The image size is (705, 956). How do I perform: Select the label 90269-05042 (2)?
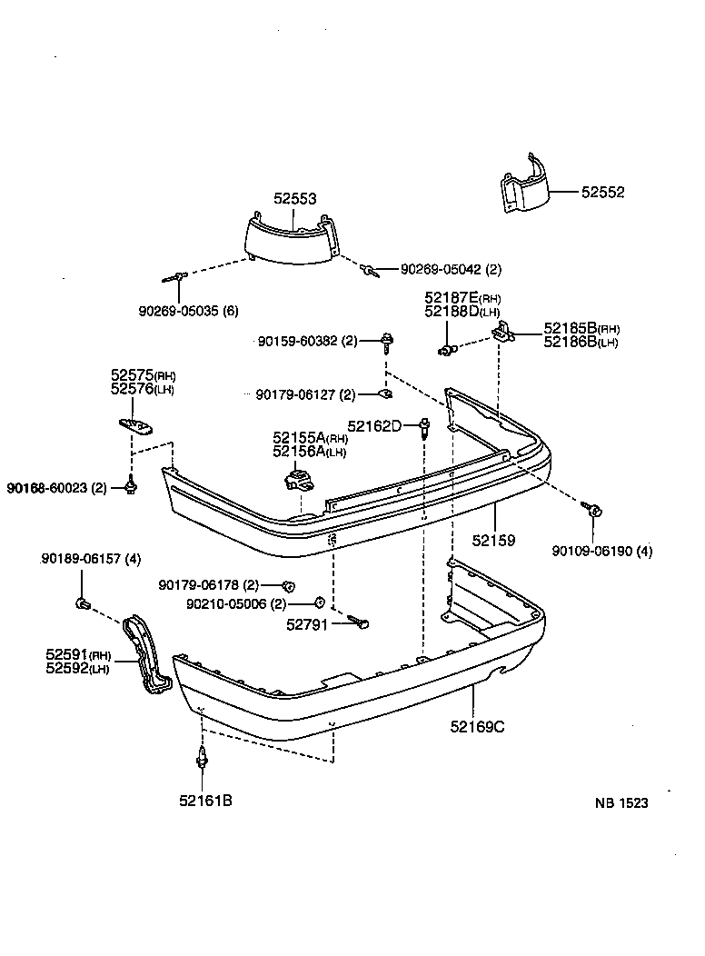coord(451,269)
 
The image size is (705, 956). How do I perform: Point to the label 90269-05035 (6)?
coord(189,311)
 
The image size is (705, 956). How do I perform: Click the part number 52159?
coord(494,540)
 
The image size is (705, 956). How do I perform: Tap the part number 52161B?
coord(205,801)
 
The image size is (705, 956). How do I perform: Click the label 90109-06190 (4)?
coord(602,551)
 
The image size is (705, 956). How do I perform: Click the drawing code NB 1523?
coord(622,803)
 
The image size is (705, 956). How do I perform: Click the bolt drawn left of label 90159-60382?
coord(387,342)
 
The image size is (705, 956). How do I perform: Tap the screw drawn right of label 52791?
coord(360,622)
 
